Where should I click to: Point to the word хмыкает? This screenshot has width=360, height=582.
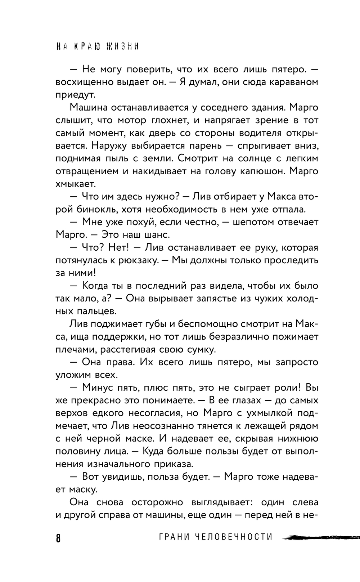pos(76,184)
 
